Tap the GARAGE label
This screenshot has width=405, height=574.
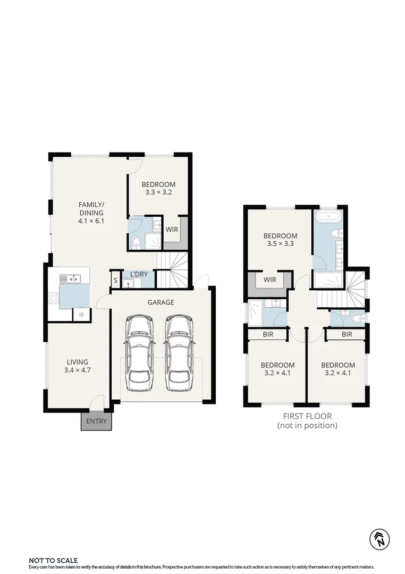(161, 302)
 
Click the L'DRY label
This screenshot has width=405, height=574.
(139, 274)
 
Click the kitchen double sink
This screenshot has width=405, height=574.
(70, 278)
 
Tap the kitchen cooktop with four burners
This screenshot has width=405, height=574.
(53, 298)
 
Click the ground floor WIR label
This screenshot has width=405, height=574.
(172, 230)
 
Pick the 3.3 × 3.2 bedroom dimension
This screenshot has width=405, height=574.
(158, 192)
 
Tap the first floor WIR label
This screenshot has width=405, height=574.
(270, 280)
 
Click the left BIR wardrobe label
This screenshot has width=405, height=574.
(268, 334)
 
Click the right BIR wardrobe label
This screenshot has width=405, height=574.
(347, 334)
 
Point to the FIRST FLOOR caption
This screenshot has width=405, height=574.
(307, 416)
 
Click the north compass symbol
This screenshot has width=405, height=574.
(379, 539)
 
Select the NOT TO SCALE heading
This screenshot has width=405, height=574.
(53, 560)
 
